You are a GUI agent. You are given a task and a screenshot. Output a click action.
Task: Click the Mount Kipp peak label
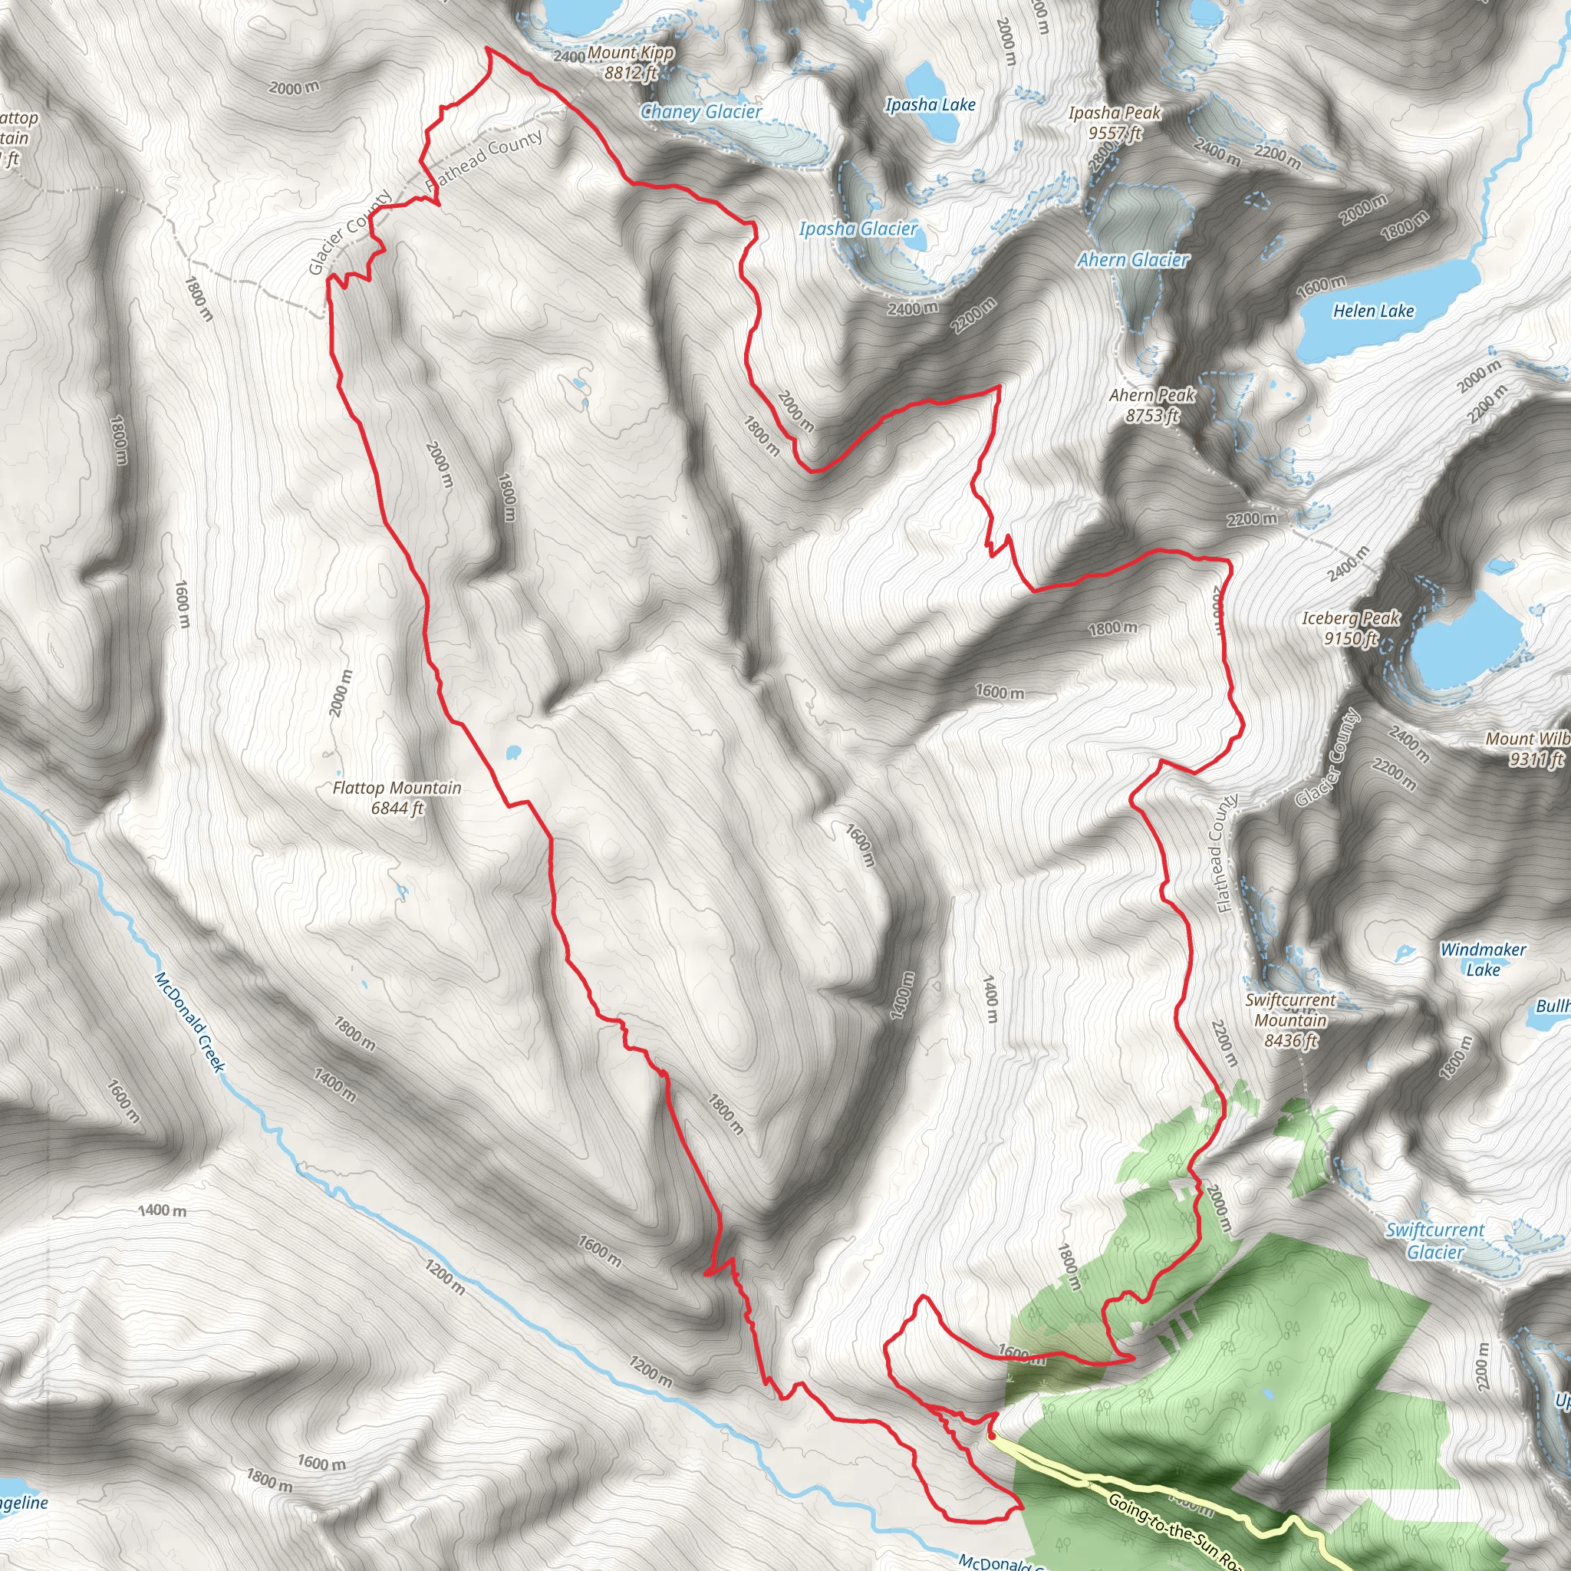(x=631, y=63)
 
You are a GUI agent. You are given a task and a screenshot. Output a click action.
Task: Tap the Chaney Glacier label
(x=701, y=112)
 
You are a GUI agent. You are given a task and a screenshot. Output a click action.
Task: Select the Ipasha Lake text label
(x=930, y=105)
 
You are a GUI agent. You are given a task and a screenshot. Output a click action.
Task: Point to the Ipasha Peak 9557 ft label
(x=1115, y=123)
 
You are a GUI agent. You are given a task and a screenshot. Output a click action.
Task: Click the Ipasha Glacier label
(x=858, y=229)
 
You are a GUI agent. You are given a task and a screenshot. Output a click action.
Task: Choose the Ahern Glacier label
(x=1132, y=260)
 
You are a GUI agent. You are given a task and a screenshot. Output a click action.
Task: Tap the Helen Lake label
(x=1373, y=311)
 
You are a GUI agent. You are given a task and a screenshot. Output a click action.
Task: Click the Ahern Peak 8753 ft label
(x=1152, y=405)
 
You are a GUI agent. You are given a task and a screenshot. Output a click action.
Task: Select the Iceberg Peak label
(x=1351, y=627)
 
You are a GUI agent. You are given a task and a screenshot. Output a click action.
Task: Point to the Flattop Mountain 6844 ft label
(x=397, y=798)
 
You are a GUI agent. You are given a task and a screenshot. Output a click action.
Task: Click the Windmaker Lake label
(x=1484, y=960)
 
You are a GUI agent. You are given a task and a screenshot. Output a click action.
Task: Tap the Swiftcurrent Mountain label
(x=1290, y=1020)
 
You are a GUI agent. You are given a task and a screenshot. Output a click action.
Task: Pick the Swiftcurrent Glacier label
(x=1435, y=1241)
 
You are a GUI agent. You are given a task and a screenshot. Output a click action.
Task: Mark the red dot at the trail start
(x=991, y=1436)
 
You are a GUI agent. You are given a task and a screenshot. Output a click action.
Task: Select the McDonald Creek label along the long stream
(x=189, y=1021)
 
